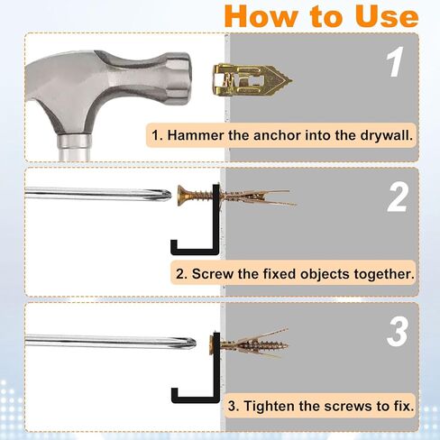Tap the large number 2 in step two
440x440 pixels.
click(x=398, y=197)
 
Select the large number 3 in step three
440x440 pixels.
click(x=398, y=331)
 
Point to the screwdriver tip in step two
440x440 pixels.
click(x=168, y=193)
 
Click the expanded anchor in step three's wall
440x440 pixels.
click(x=256, y=343)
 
